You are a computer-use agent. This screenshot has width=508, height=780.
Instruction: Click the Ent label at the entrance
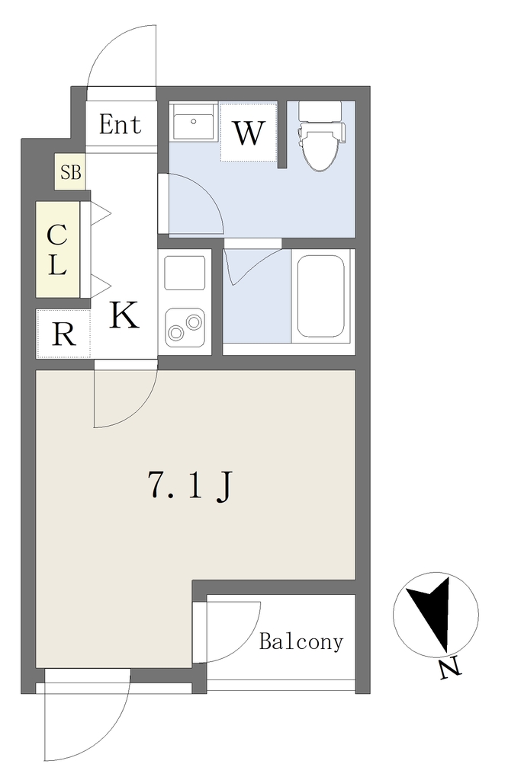pos(120,124)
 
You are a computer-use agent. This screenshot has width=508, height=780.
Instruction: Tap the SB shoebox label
pos(70,172)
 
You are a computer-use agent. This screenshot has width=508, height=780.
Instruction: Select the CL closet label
pos(56,250)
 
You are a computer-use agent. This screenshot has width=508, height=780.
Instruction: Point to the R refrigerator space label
pos(64,334)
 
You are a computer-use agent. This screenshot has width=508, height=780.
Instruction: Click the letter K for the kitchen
pos(124,315)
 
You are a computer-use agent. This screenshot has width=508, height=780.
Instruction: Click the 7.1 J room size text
pos(190,485)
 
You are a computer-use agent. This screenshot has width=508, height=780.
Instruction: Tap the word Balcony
pos(301,641)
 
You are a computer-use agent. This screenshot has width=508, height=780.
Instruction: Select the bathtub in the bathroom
pos(321,296)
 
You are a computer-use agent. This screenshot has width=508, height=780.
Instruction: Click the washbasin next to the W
pos(193,122)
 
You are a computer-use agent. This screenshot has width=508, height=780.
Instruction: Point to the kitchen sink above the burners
pos(185,273)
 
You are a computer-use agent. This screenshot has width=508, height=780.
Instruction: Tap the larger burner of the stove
pos(175,332)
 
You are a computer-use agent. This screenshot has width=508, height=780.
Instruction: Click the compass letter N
pos(451,670)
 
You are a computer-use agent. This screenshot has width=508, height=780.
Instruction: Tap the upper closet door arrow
pos(101,214)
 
